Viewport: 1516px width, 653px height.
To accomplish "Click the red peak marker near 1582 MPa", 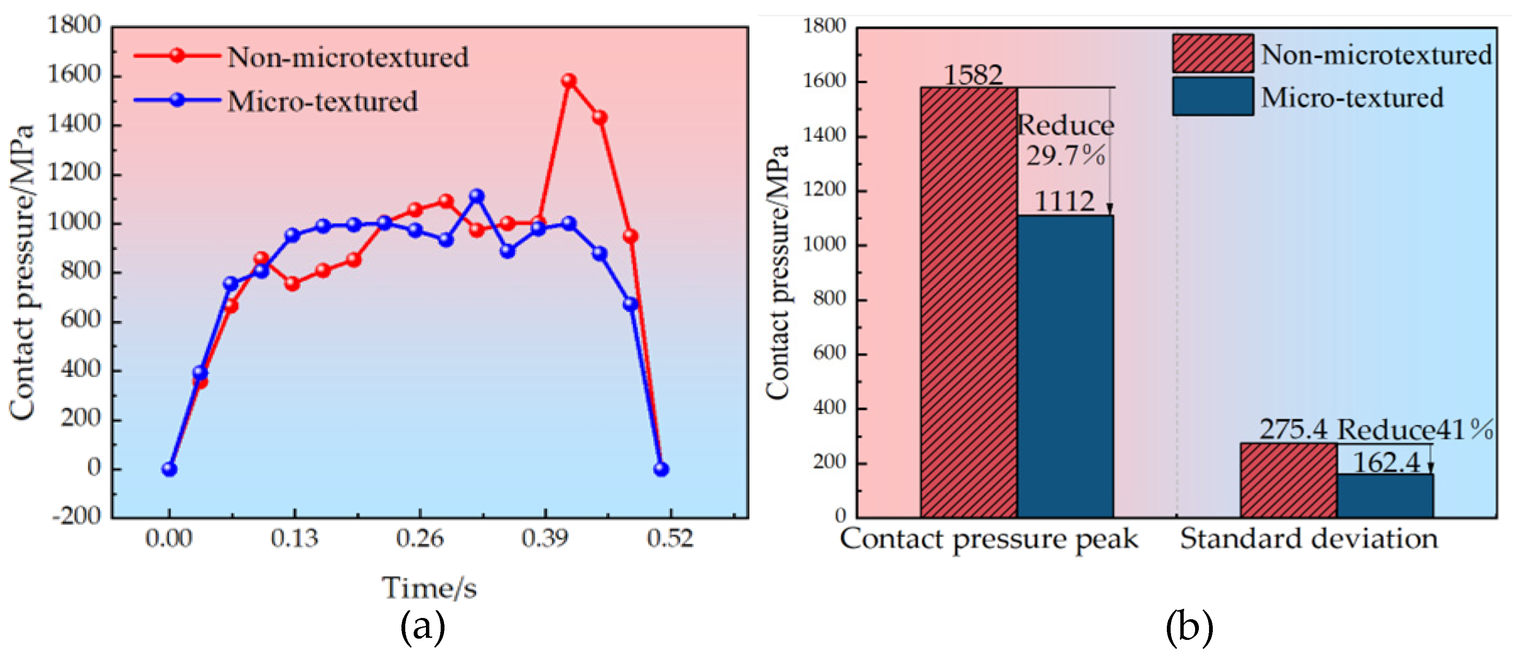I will click(568, 81).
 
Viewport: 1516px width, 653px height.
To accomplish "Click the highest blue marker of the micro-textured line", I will click(477, 195).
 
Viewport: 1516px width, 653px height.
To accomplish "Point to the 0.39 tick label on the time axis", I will click(545, 538).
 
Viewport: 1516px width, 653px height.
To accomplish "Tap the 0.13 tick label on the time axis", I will click(294, 538).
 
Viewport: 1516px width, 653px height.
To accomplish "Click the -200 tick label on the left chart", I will click(76, 516).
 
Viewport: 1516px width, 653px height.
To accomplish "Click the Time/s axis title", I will click(430, 588).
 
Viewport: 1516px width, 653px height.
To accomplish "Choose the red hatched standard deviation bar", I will click(1289, 480).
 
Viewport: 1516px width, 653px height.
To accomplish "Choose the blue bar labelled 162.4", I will click(1385, 496).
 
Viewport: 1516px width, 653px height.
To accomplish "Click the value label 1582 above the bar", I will click(973, 75).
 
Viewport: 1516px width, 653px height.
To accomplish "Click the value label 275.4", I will click(1293, 429).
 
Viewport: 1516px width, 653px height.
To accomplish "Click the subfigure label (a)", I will click(423, 626).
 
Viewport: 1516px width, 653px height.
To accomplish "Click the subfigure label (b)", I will click(1189, 626).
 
